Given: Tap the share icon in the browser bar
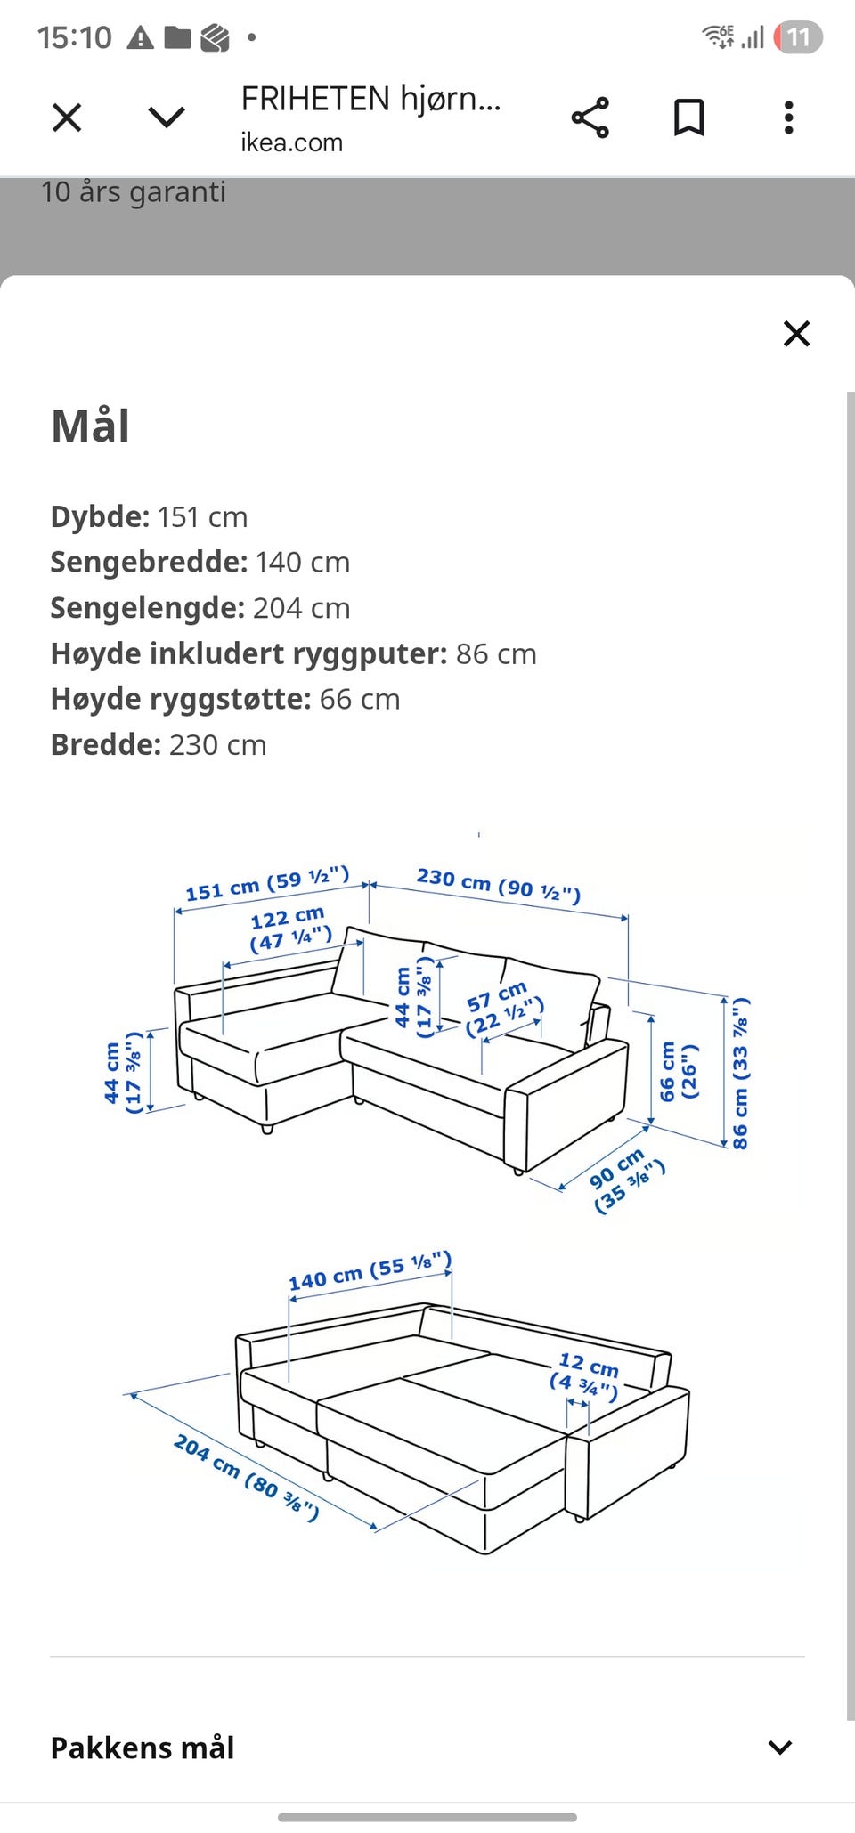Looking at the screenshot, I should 590,118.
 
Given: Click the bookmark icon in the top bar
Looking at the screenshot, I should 688,118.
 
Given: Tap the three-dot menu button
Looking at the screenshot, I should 788,118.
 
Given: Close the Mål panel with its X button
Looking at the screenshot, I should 796,334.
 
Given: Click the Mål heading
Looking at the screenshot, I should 91,426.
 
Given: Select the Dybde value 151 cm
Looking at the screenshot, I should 202,517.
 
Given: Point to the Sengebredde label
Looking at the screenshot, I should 149,563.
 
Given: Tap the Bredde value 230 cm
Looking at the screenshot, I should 218,745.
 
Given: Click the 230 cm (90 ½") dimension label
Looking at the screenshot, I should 499,884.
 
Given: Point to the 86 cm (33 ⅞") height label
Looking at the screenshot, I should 740,1073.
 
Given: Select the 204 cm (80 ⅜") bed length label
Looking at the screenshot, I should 246,1477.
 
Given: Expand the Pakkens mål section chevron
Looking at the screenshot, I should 779,1748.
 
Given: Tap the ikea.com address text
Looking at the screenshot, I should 291,142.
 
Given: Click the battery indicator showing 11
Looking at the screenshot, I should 798,37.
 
